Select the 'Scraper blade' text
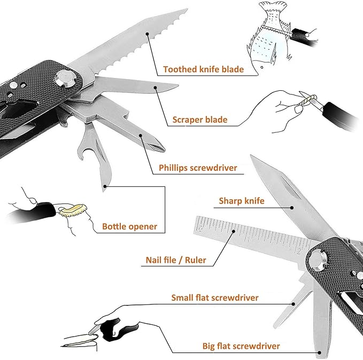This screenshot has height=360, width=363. click(199, 120)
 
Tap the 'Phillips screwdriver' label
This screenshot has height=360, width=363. click(198, 168)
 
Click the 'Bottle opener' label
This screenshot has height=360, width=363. click(129, 226)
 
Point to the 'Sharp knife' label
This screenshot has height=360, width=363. click(242, 201)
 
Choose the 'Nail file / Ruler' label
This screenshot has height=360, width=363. click(175, 261)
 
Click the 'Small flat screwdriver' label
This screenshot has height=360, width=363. click(215, 298)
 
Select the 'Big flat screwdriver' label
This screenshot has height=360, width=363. click(241, 346)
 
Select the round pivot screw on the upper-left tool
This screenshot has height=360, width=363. click(65, 79)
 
